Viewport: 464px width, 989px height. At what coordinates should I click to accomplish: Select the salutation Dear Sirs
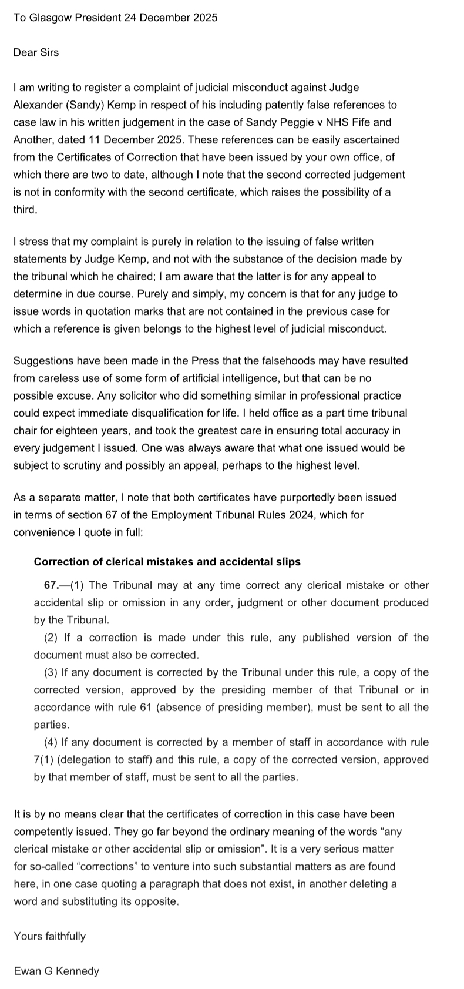point(36,52)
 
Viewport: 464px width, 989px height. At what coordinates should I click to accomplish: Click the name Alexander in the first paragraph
point(36,105)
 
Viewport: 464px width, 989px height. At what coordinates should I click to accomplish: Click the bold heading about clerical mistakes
point(167,562)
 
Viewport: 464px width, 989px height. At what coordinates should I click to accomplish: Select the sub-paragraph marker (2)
point(51,638)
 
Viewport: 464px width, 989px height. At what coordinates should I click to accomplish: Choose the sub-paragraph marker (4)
point(51,742)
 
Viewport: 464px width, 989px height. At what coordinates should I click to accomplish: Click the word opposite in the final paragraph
point(156,901)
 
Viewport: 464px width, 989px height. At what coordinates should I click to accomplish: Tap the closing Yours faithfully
point(49,936)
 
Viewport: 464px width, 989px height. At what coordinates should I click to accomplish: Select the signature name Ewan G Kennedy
point(56,971)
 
